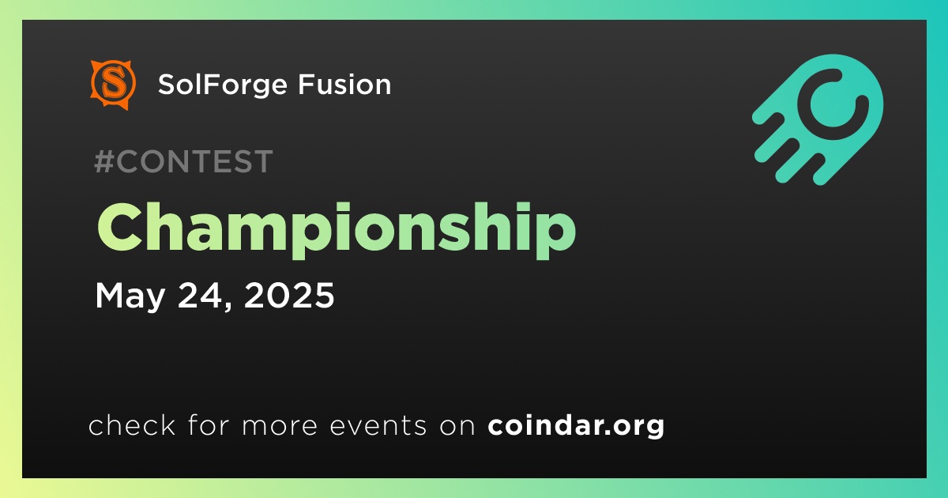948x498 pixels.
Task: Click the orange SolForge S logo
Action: [113, 85]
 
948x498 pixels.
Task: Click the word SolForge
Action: [223, 85]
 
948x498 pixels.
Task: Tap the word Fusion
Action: [344, 85]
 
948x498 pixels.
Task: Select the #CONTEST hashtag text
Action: [183, 161]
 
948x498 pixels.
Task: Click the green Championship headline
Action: [337, 230]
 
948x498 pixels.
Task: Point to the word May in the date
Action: [130, 296]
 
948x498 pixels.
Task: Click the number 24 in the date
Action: [201, 295]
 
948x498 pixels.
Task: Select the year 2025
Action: [289, 295]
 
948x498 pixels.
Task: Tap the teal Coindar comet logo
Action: [818, 119]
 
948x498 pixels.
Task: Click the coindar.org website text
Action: [576, 426]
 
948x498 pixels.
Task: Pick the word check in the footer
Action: [132, 425]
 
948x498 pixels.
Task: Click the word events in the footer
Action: [378, 426]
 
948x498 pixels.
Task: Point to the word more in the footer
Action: [280, 426]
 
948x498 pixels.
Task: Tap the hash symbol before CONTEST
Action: [104, 161]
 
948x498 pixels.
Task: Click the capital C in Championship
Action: [119, 227]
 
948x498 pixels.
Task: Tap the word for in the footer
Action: [209, 424]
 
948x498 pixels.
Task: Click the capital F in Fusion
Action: [306, 85]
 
